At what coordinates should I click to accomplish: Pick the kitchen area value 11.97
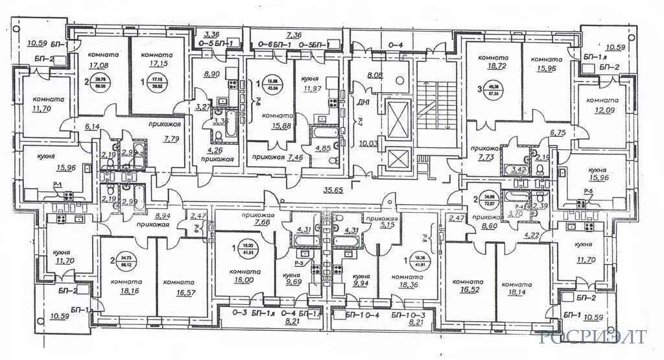click(x=312, y=88)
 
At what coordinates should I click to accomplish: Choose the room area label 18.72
click(x=491, y=67)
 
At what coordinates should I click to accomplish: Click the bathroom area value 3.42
click(x=517, y=170)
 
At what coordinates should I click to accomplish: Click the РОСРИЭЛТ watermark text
click(x=592, y=337)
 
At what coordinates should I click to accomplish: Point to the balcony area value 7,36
click(x=295, y=35)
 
